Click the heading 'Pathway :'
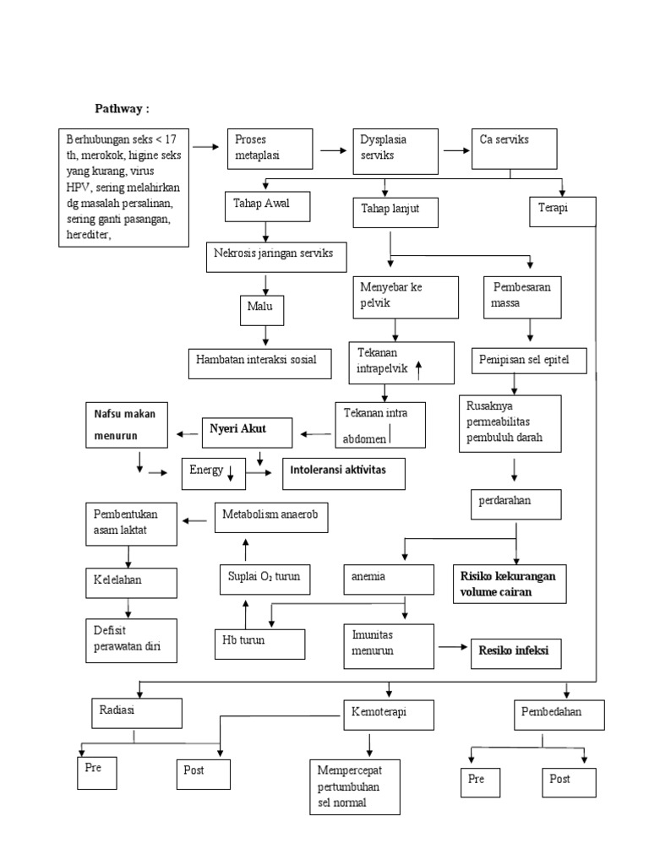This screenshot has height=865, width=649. [122, 109]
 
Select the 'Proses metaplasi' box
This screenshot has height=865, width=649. [270, 150]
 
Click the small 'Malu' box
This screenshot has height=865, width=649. [261, 310]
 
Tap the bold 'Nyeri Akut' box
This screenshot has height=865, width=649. [246, 432]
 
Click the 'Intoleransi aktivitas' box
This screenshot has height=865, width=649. [343, 473]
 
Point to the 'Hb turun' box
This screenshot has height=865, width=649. [258, 643]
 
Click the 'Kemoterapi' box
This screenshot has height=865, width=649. [388, 715]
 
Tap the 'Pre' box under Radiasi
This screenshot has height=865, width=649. [93, 773]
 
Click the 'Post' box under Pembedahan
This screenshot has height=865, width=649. [569, 782]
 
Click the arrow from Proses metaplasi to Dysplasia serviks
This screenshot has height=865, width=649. [332, 150]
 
